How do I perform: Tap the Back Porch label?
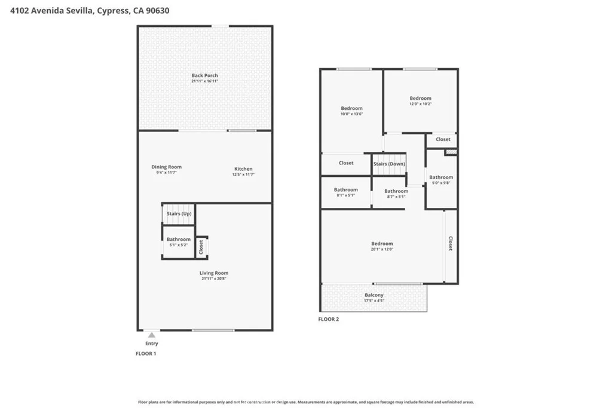click(x=204, y=75)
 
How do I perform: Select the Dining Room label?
click(x=166, y=167)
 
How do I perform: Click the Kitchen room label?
click(x=243, y=169)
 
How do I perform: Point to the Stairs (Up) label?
click(x=179, y=213)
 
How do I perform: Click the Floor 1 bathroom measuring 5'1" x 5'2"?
click(x=179, y=241)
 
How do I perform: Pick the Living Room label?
click(x=214, y=273)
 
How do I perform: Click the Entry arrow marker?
click(x=152, y=336)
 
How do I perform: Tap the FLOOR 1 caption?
click(x=147, y=354)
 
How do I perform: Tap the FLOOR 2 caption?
click(x=329, y=320)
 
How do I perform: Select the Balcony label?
click(x=374, y=295)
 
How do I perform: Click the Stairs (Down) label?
click(x=389, y=163)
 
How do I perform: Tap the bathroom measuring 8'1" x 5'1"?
click(x=345, y=192)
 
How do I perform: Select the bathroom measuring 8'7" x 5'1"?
click(x=396, y=194)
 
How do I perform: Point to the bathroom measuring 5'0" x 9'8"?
click(x=441, y=179)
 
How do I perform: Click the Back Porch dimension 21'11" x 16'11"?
click(x=204, y=81)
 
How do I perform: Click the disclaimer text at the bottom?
click(x=306, y=402)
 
